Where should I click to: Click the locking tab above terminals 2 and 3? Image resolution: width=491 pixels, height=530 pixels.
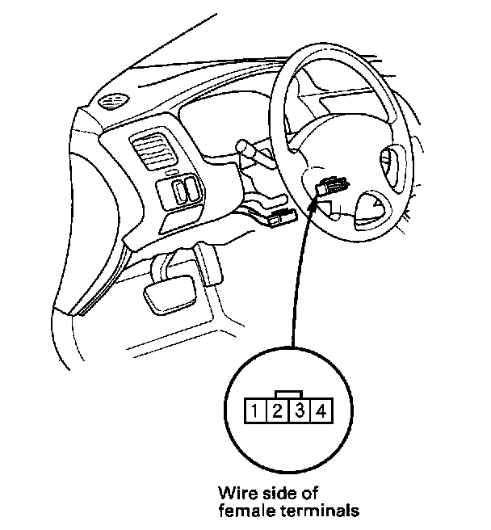pyautogui.click(x=288, y=395)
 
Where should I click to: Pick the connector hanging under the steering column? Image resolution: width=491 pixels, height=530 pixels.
pyautogui.click(x=283, y=217)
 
